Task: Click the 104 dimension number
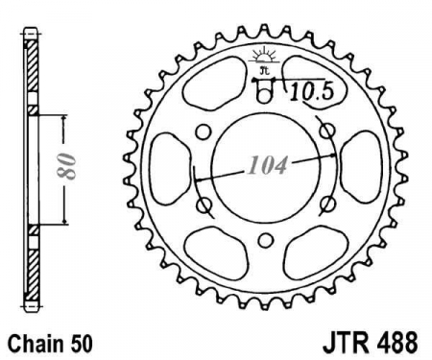pos(268,166)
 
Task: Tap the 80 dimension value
pos(66,166)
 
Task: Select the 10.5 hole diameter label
pos(312,92)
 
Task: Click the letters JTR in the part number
pos(345,343)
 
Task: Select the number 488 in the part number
pos(396,343)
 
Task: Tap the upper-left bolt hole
pos(204,132)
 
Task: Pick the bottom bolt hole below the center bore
pos(266,240)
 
